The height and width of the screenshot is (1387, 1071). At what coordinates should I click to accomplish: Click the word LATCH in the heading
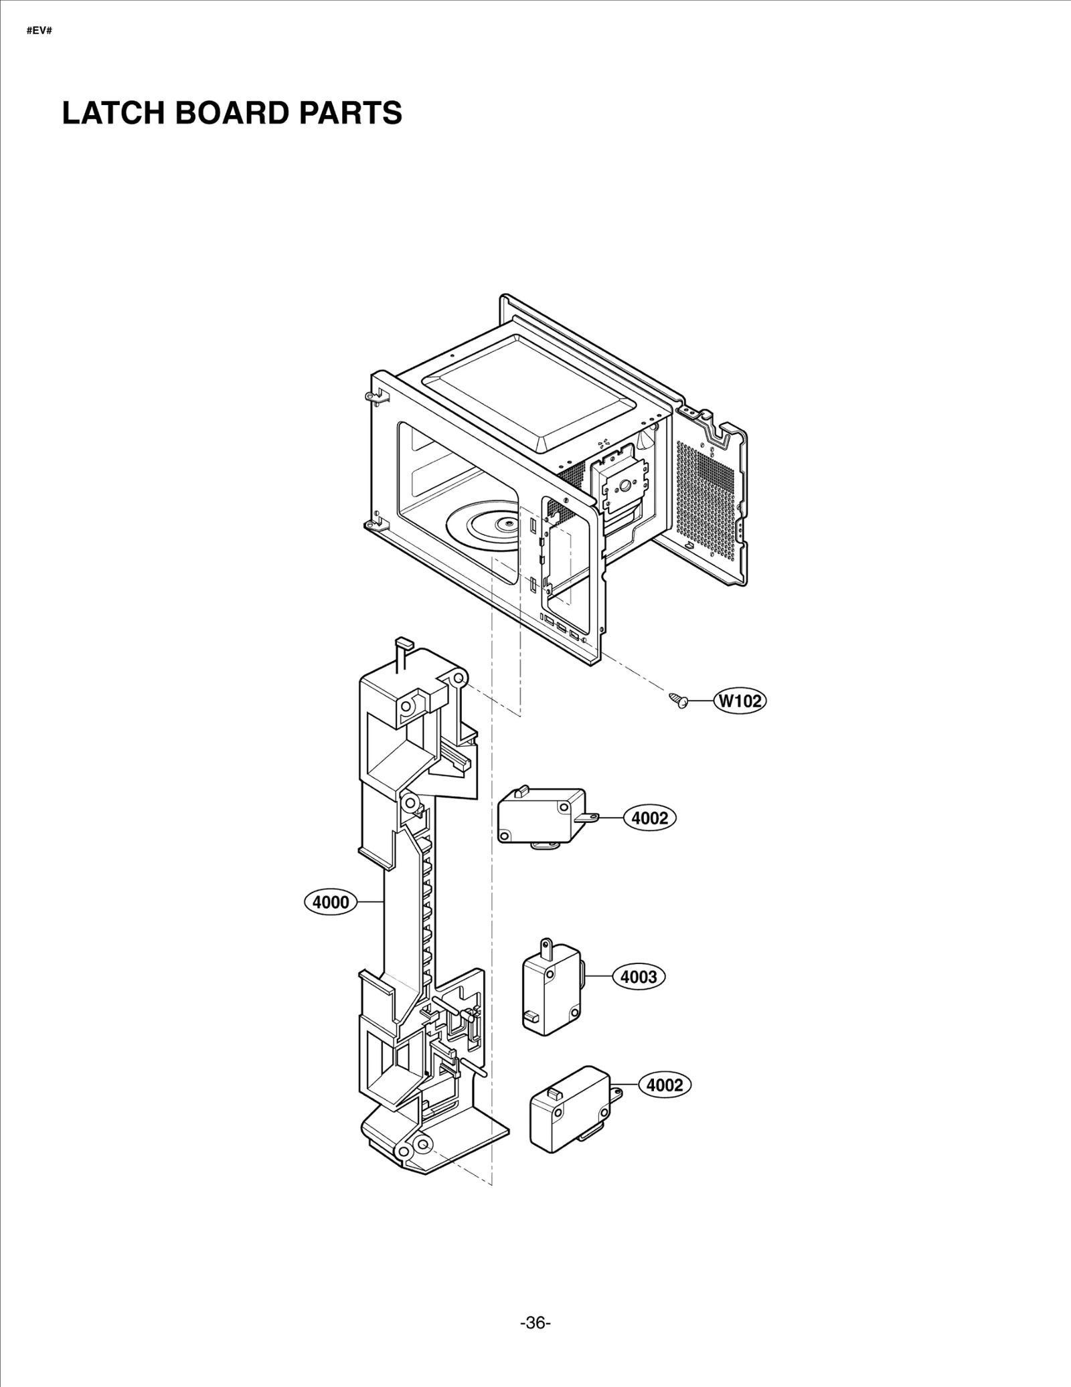(x=113, y=113)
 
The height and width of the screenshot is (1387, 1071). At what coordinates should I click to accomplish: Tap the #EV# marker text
(x=39, y=31)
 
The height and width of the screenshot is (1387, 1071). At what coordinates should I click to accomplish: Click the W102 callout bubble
(x=740, y=701)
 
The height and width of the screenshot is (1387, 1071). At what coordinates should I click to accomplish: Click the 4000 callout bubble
(x=331, y=903)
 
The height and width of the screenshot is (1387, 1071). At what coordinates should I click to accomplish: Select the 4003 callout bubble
(x=639, y=977)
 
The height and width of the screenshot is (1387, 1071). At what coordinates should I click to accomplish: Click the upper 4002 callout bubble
(x=650, y=818)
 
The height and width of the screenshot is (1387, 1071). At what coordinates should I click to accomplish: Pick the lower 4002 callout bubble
(x=665, y=1085)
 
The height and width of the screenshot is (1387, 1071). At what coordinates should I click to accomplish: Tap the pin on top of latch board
(x=402, y=646)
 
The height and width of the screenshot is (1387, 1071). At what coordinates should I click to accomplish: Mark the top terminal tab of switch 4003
(x=547, y=947)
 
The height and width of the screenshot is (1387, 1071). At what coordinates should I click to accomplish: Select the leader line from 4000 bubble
(x=368, y=903)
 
